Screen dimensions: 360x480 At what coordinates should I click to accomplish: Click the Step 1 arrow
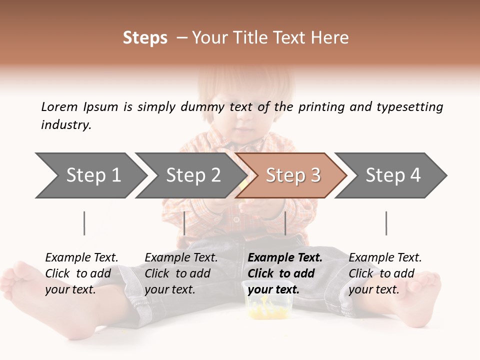92,175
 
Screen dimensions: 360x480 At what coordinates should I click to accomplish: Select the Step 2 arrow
192,175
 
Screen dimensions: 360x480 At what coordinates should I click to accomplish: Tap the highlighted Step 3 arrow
292,175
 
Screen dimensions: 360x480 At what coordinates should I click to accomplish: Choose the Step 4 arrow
392,175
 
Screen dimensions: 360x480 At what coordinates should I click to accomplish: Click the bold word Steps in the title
145,38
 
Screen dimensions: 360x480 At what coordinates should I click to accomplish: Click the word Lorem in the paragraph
59,106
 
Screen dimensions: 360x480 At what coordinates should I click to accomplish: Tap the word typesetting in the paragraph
409,107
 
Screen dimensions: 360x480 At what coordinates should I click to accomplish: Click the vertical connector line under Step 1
84,223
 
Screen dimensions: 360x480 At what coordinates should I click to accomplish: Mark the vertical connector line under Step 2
184,223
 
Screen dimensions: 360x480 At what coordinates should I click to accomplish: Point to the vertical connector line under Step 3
285,223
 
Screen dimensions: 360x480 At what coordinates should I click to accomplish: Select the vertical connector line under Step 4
386,223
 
